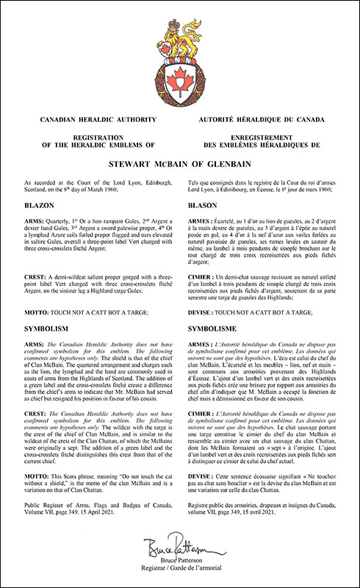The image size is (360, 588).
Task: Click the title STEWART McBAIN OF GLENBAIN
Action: coord(179,166)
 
